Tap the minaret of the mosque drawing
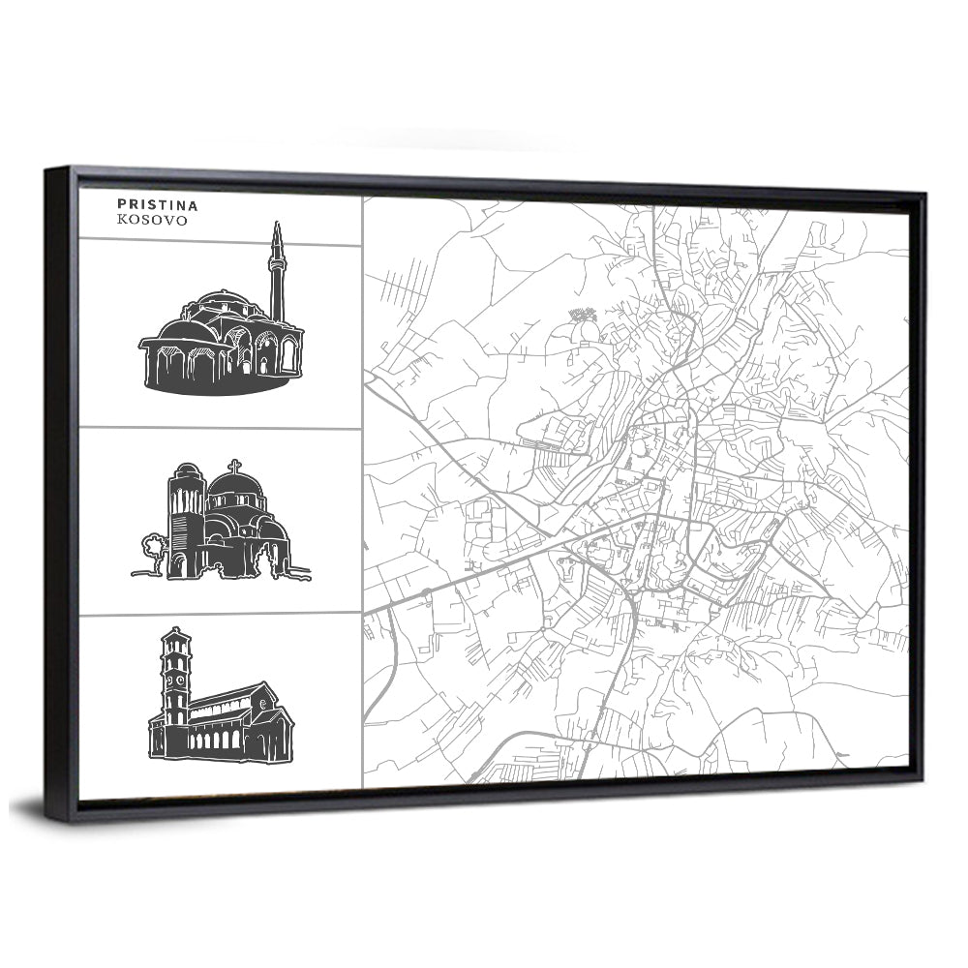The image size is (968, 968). click(x=277, y=276)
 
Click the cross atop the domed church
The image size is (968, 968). click(x=234, y=466)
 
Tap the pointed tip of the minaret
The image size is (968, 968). click(x=277, y=226)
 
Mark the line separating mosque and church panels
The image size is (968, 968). click(x=220, y=427)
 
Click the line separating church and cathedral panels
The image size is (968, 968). click(x=220, y=614)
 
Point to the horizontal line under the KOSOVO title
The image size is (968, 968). click(x=220, y=243)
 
